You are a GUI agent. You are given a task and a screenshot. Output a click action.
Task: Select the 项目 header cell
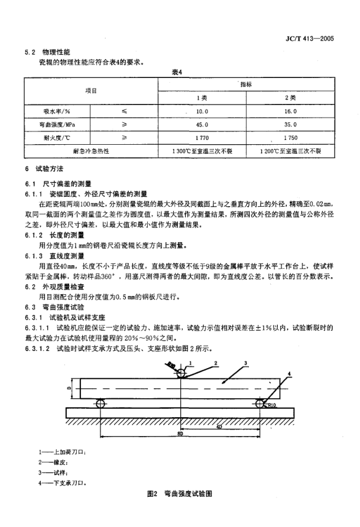(x=90, y=91)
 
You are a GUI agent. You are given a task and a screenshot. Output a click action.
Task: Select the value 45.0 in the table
(x=202, y=124)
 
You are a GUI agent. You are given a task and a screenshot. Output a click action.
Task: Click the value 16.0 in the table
(x=290, y=111)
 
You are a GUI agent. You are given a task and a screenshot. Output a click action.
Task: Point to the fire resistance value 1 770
(x=202, y=138)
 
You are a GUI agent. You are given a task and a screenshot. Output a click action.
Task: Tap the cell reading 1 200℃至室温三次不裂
(x=290, y=151)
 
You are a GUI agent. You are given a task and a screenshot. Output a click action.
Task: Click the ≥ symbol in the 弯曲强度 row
(x=124, y=124)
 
